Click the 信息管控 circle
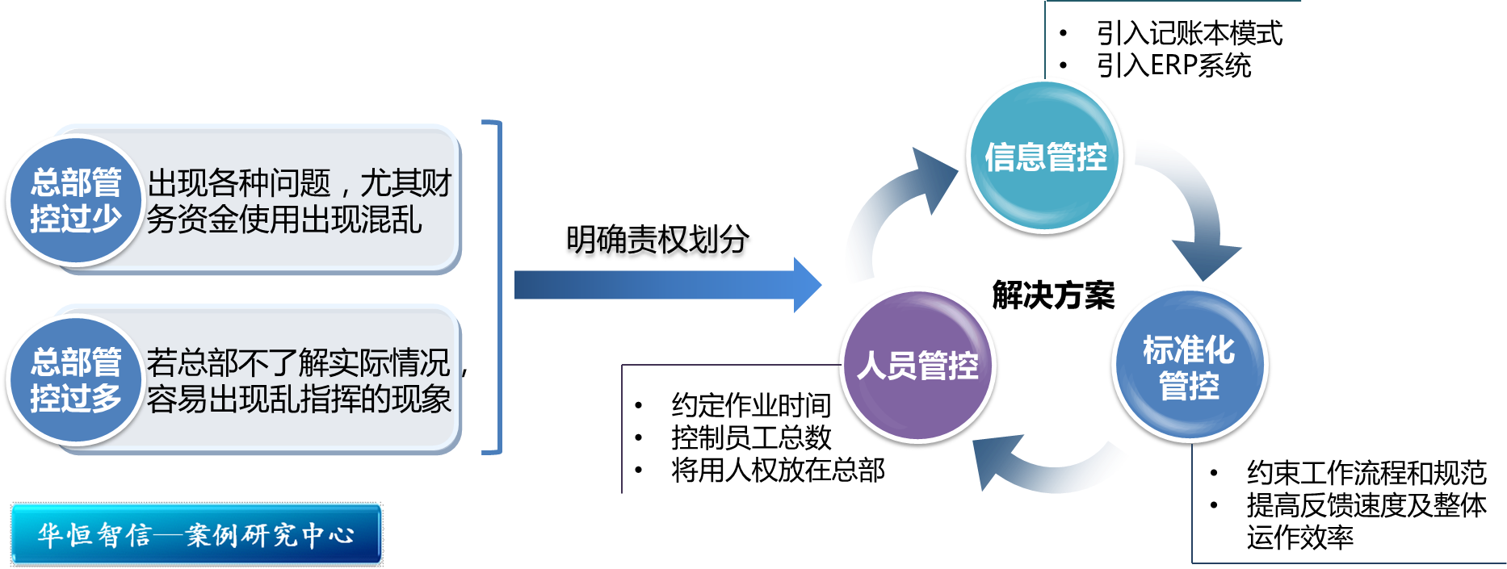(1044, 157)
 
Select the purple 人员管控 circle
(918, 366)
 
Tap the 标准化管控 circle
(1189, 367)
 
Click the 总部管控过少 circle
(75, 200)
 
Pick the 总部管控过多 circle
(75, 379)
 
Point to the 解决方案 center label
(1053, 295)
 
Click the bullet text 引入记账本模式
(1189, 34)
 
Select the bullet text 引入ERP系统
(1173, 65)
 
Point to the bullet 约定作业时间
(750, 405)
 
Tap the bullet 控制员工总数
(750, 437)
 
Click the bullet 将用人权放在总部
(777, 470)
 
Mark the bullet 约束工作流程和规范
(1366, 473)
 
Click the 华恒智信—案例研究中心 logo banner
(195, 533)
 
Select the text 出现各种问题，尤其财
(299, 183)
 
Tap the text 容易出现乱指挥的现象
(299, 399)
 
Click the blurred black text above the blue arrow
(658, 242)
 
